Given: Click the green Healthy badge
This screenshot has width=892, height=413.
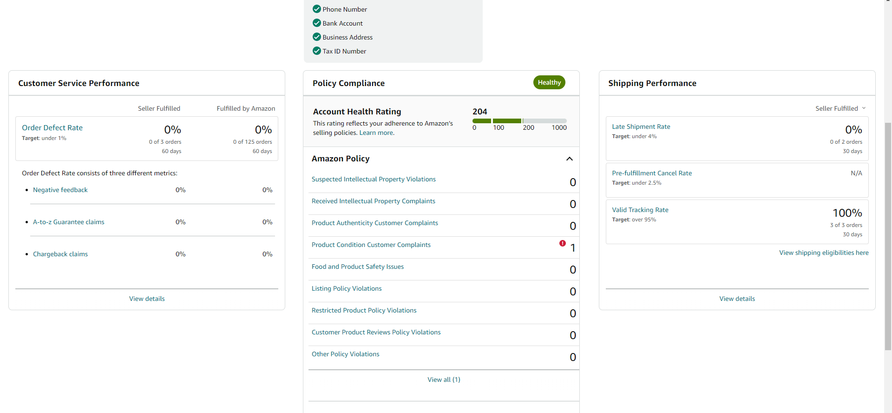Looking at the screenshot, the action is pyautogui.click(x=549, y=82).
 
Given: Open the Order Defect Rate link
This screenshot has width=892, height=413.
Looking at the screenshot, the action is pyautogui.click(x=52, y=127).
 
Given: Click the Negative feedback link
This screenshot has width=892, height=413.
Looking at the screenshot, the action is pyautogui.click(x=60, y=190).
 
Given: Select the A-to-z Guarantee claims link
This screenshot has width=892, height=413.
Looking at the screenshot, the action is pyautogui.click(x=68, y=222).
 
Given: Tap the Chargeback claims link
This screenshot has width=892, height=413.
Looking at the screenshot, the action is pyautogui.click(x=60, y=254).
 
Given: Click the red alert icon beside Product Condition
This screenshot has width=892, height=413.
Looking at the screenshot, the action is pyautogui.click(x=563, y=243).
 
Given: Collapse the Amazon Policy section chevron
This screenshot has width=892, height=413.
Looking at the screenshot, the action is pyautogui.click(x=570, y=159).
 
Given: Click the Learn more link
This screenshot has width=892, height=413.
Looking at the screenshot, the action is pyautogui.click(x=377, y=133).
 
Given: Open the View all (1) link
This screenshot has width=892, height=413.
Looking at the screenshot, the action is pyautogui.click(x=444, y=380).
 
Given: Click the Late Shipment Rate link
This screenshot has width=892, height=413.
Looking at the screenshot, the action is pyautogui.click(x=641, y=127).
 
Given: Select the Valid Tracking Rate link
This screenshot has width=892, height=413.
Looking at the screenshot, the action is pyautogui.click(x=640, y=210).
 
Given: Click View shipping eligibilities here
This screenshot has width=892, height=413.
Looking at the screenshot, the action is pyautogui.click(x=824, y=253).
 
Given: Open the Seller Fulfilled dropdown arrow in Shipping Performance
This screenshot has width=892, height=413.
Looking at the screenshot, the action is pyautogui.click(x=864, y=108).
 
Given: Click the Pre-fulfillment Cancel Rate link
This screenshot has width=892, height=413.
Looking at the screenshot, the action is pyautogui.click(x=652, y=173).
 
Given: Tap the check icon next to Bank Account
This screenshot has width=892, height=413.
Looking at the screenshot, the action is pyautogui.click(x=317, y=23).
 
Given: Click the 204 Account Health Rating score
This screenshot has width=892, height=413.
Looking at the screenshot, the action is pyautogui.click(x=479, y=112).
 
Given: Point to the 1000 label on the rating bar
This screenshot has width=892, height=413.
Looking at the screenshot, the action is pyautogui.click(x=559, y=127).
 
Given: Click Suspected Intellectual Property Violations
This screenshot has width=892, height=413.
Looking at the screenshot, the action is pyautogui.click(x=374, y=179).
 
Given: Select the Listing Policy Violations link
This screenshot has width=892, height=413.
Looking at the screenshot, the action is pyautogui.click(x=347, y=288).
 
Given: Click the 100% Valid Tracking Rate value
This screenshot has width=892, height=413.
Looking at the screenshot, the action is pyautogui.click(x=847, y=213).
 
